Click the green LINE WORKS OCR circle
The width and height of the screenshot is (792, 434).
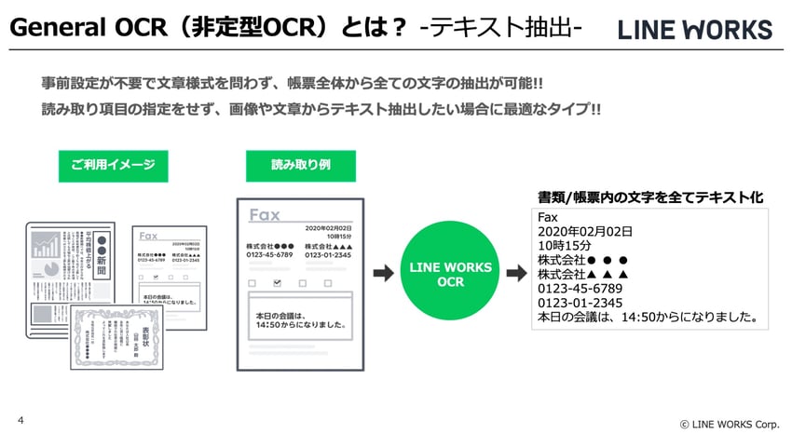tap(451, 274)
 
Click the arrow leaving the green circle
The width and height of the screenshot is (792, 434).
tap(517, 274)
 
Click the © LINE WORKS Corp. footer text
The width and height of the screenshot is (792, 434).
tap(729, 424)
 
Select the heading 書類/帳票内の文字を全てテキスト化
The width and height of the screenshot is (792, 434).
tap(650, 197)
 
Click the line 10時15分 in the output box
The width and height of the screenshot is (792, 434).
tap(567, 246)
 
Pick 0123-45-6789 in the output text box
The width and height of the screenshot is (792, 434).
tap(580, 289)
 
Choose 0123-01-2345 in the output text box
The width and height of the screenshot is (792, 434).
tap(580, 303)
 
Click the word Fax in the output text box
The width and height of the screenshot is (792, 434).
tap(548, 218)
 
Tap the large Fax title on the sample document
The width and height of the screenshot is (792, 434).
tap(265, 215)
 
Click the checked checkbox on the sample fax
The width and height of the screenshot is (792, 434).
tap(275, 280)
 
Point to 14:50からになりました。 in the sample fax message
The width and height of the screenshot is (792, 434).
tap(300, 327)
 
